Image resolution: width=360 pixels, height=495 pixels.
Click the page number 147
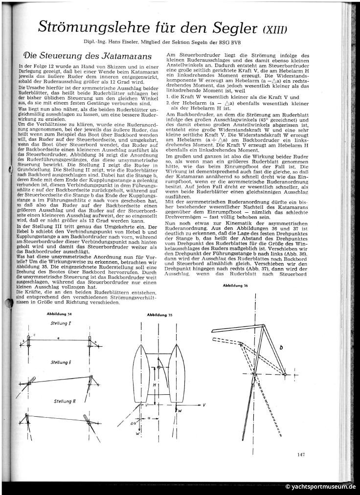[x=301, y=455]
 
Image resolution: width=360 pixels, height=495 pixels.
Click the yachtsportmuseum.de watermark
[x=320, y=487]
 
